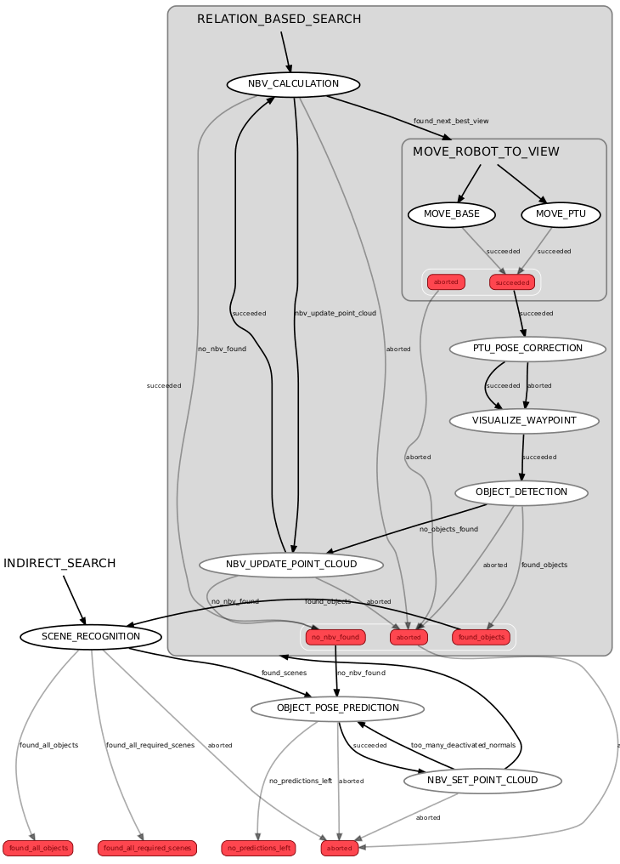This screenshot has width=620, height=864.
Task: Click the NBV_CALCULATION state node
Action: pos(293,84)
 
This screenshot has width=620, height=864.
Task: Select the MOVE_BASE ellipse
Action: pos(452,213)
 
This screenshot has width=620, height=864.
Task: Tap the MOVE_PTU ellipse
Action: pos(561,213)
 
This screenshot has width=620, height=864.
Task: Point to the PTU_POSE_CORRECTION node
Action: pos(527,349)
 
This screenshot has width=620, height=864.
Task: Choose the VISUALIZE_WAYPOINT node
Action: pos(524,421)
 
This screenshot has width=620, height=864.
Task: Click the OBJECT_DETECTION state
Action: pos(521,492)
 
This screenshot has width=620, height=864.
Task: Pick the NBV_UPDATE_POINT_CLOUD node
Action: pos(291,565)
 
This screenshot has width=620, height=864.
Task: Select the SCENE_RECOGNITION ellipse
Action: pos(91,636)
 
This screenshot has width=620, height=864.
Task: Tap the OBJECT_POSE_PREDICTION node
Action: pos(338,708)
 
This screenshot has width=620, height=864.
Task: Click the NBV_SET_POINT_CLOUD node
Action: pos(482,781)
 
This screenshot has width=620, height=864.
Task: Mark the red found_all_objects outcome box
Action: pos(38,848)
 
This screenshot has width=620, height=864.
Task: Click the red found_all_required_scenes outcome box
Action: pos(148,848)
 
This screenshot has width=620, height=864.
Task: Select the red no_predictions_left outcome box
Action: pos(259,848)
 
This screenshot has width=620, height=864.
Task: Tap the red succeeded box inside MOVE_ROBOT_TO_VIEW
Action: pos(512,282)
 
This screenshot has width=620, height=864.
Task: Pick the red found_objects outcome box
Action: pos(481,637)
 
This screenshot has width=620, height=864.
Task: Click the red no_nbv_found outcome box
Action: pos(335,637)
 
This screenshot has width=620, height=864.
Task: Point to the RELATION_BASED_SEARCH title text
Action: pos(279,20)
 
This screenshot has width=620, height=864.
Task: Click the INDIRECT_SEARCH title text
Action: pos(59,564)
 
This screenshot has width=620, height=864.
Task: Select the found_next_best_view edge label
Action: pos(451,122)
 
